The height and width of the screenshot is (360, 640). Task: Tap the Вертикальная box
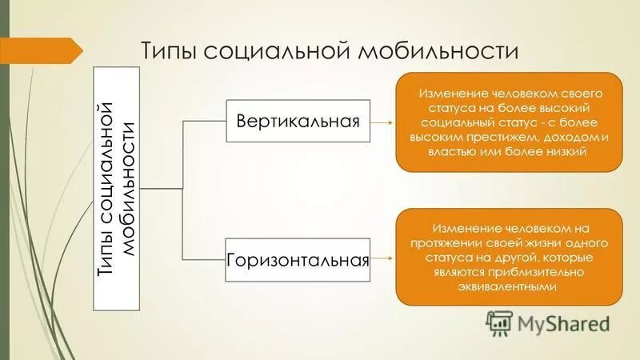(298, 122)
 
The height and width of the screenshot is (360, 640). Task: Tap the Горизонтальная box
(298, 260)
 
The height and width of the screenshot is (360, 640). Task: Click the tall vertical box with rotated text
(117, 189)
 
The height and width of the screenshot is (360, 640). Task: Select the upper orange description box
(509, 122)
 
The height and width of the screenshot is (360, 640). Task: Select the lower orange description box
(509, 257)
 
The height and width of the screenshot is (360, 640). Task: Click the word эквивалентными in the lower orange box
(509, 286)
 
